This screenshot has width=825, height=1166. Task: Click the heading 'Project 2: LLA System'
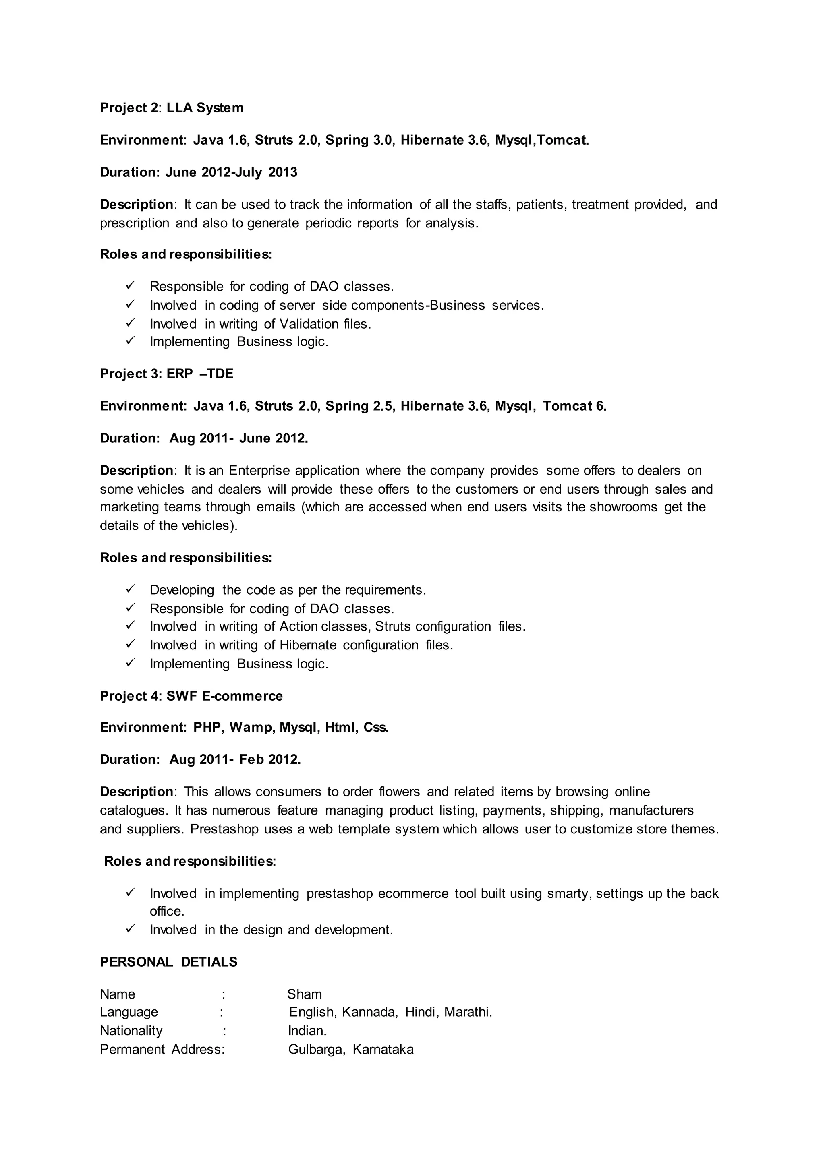coord(172,108)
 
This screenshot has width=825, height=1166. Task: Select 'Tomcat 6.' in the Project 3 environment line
coord(574,406)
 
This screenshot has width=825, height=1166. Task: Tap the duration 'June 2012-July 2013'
coord(231,172)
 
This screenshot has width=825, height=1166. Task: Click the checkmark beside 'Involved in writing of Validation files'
coord(130,323)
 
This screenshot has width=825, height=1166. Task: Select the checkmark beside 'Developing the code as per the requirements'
coord(130,589)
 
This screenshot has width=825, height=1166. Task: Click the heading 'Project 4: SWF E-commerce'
coord(191,696)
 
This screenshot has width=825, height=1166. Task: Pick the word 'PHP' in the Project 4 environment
coord(208,727)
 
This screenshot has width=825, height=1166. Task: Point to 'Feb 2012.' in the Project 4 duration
coord(270,759)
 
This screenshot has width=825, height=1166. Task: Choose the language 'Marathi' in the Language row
coord(467,1012)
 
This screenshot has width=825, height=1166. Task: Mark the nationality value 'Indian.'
coord(307,1030)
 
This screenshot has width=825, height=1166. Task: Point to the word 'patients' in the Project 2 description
coord(541,205)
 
